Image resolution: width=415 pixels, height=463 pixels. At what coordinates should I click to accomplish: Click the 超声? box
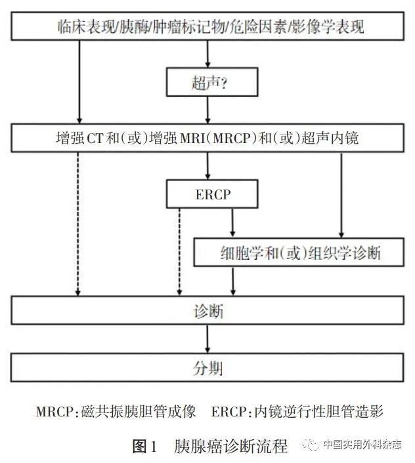click(x=208, y=83)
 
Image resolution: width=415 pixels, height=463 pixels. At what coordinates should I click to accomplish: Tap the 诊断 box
click(x=208, y=310)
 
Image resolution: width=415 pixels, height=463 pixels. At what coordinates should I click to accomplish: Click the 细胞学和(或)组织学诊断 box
click(x=299, y=252)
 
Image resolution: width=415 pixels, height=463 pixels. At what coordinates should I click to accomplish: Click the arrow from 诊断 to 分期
click(x=208, y=338)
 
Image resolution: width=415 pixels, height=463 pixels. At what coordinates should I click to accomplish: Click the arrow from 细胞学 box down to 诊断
click(x=232, y=281)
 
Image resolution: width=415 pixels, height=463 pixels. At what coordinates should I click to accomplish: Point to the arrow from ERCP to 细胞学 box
click(x=232, y=223)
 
